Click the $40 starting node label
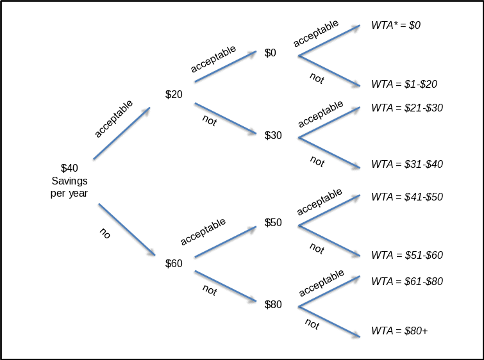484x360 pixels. click(69, 168)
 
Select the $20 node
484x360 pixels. click(174, 94)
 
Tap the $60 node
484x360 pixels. click(174, 263)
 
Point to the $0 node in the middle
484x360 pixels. click(271, 53)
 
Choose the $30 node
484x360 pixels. click(273, 135)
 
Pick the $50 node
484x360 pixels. click(273, 223)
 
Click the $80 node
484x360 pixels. click(273, 304)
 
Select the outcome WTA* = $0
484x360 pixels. click(396, 26)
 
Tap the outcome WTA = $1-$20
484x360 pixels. click(404, 84)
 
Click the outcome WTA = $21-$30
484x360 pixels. click(407, 108)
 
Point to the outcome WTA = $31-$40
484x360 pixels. click(407, 164)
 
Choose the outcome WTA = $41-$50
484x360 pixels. click(407, 197)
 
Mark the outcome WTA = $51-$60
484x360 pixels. click(407, 255)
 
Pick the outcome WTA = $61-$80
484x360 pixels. click(407, 281)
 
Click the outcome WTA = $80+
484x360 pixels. click(399, 331)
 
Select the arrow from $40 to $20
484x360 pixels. click(122, 134)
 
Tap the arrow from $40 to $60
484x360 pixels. click(127, 231)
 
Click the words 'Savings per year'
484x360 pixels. click(69, 187)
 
